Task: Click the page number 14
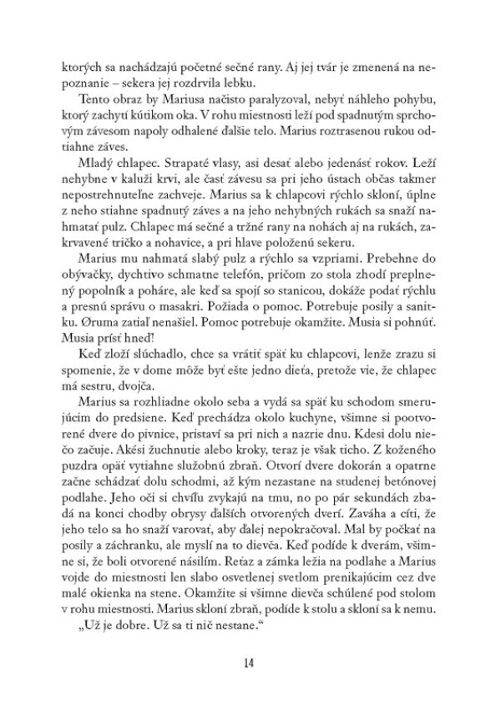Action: pyautogui.click(x=250, y=662)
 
